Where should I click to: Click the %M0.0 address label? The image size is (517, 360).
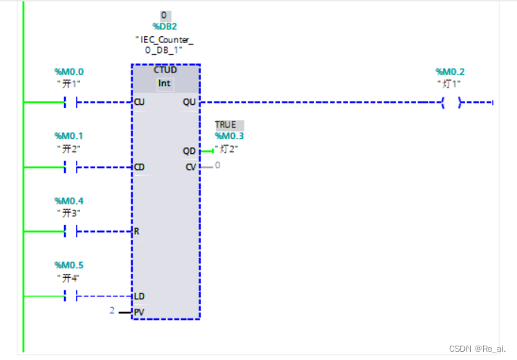tap(69, 72)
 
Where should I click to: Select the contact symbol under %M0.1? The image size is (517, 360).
tap(72, 167)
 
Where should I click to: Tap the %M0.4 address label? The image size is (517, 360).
tap(69, 200)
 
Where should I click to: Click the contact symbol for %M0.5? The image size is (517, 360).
tap(72, 297)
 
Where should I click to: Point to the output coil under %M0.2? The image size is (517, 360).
tap(451, 102)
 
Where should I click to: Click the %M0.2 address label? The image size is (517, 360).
tap(450, 72)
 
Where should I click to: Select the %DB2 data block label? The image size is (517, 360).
tap(165, 26)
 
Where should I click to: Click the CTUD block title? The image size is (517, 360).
tap(165, 70)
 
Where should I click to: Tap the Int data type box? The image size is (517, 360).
tap(165, 82)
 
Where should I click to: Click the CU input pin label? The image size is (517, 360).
tap(139, 102)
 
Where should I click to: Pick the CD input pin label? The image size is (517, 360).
tap(139, 167)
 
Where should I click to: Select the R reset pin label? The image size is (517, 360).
tap(137, 231)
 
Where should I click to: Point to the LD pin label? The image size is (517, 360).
tap(139, 297)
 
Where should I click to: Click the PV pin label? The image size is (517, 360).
tap(139, 312)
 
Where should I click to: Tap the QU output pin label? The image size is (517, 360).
tap(189, 102)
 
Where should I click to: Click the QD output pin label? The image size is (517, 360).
tap(189, 151)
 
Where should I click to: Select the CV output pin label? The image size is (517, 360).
tap(190, 166)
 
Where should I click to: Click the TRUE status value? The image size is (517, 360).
tap(225, 125)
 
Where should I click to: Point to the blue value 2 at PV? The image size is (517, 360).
tap(112, 310)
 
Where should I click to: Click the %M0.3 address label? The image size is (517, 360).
tap(229, 136)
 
